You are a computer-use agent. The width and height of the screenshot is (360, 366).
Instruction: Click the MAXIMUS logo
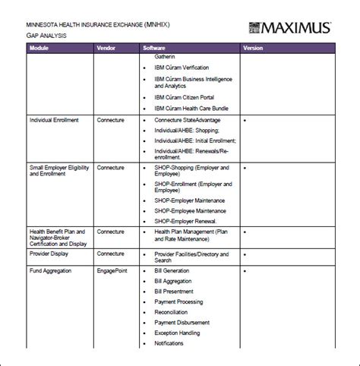point(289,28)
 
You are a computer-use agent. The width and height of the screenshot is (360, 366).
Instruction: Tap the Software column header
point(154,48)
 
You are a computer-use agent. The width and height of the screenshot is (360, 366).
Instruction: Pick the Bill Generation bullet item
point(172,270)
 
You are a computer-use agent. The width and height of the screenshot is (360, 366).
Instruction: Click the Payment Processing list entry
point(178,301)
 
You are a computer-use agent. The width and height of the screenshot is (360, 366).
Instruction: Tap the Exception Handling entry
point(176,333)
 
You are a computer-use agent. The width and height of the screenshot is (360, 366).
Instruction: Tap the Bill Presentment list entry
point(173,291)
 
